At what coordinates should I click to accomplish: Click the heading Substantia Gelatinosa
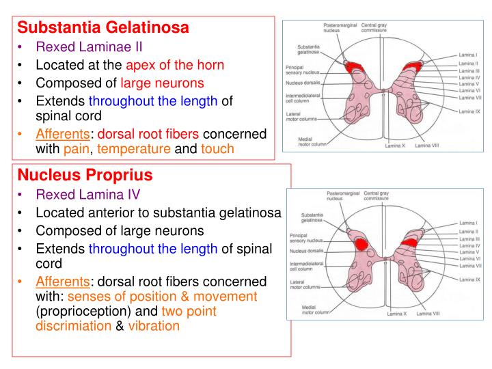pyautogui.click(x=102, y=29)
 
